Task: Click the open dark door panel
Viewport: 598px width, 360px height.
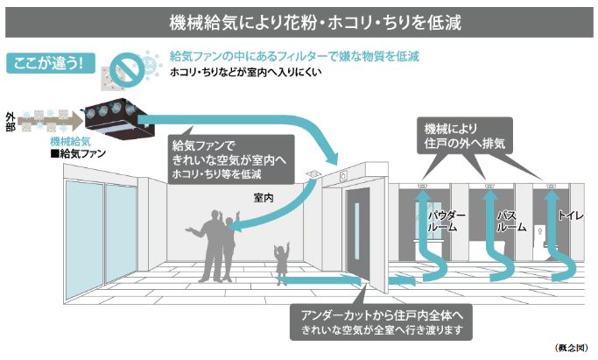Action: pyautogui.click(x=363, y=241)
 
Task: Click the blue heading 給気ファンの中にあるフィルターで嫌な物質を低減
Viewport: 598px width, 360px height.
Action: pyautogui.click(x=293, y=56)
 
